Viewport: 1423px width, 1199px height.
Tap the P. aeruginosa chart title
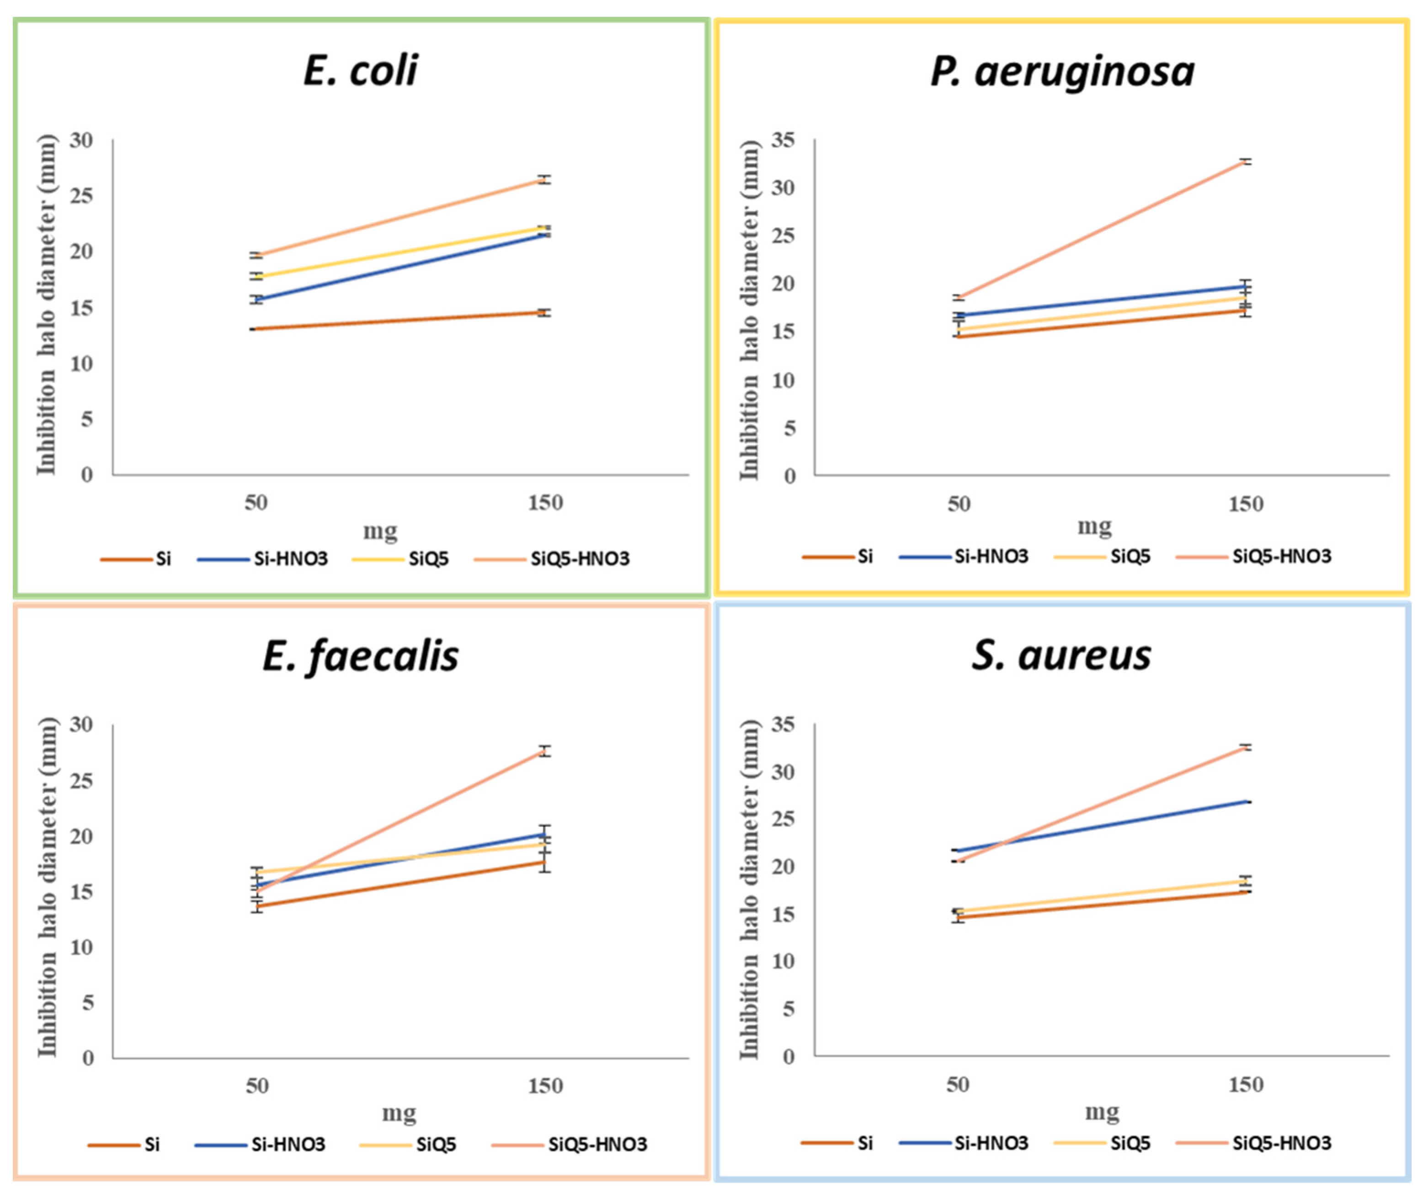[1062, 71]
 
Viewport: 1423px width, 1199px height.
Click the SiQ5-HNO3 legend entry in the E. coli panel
[579, 559]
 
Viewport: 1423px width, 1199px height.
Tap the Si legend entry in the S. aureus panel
[864, 1143]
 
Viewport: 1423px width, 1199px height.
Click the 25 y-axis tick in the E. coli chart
[81, 196]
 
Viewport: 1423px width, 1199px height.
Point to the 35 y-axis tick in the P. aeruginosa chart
[783, 141]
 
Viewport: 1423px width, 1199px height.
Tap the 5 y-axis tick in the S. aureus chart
[788, 1009]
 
